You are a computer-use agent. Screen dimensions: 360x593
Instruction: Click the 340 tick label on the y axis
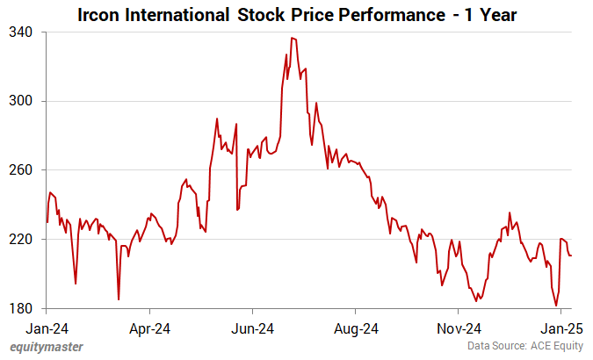coord(21,32)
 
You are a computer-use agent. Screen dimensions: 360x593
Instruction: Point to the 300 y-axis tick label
coord(21,101)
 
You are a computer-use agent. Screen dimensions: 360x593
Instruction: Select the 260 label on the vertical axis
coord(21,170)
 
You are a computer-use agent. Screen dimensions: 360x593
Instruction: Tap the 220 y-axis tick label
coord(21,239)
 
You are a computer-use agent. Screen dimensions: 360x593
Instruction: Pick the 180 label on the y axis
coord(21,308)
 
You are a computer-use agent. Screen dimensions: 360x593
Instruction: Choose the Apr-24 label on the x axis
coord(149,329)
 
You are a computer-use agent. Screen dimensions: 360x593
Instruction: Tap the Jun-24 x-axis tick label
coord(252,329)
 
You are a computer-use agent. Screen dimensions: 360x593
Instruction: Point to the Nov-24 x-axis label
coord(458,329)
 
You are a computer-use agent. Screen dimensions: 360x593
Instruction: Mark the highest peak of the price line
coord(292,38)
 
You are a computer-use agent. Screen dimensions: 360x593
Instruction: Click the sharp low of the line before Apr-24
coord(119,299)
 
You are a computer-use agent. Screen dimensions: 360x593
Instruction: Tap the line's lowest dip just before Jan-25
coord(556,306)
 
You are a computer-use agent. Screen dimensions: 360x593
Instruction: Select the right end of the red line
coord(572,256)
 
